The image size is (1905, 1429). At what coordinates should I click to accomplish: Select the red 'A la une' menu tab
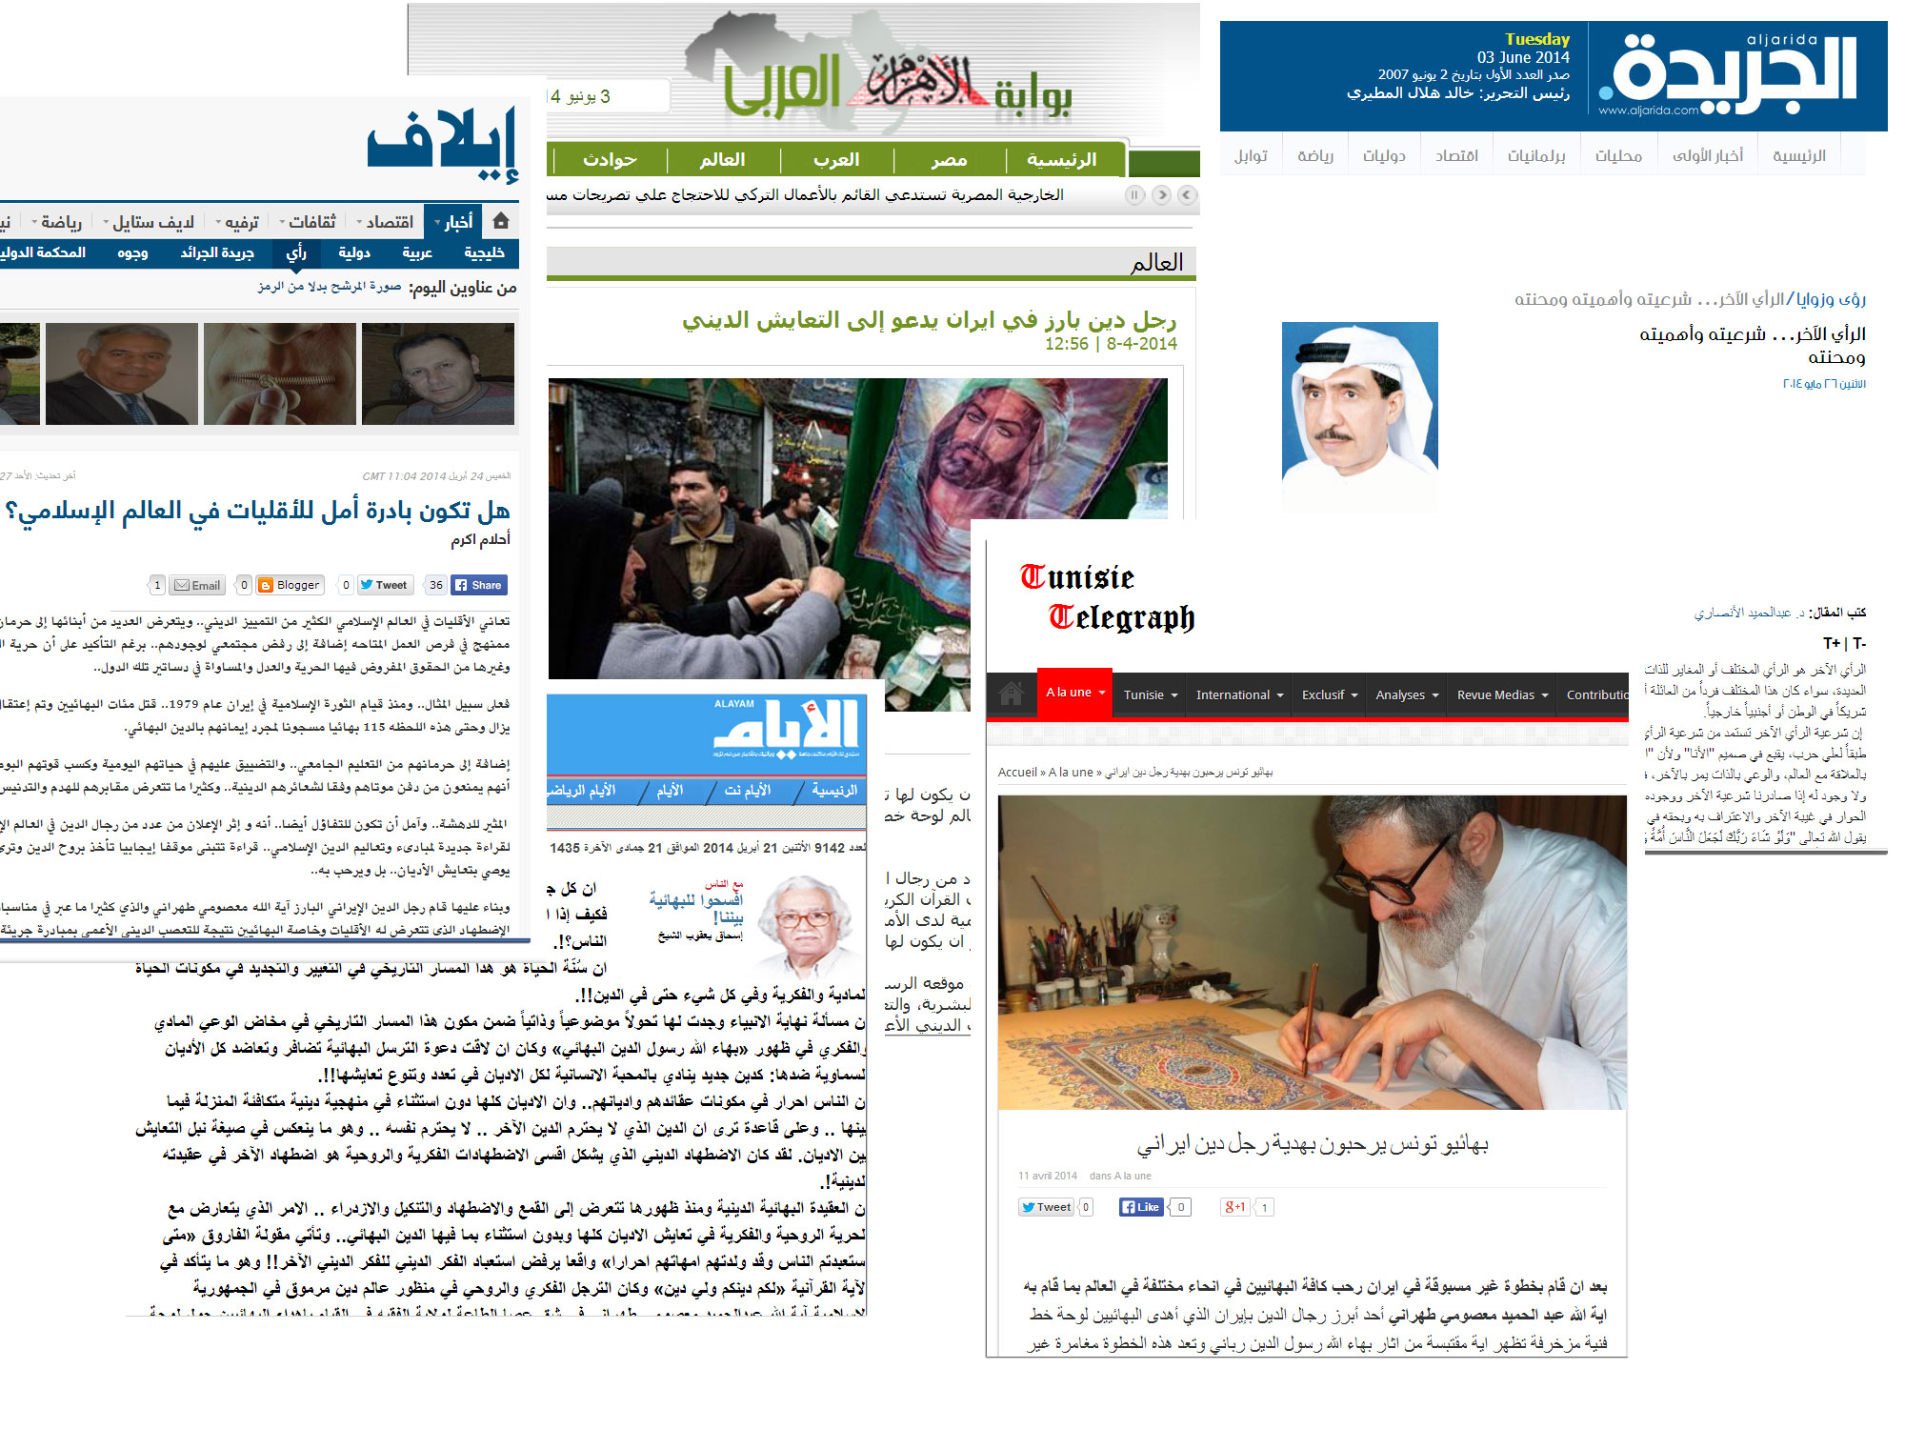point(1073,693)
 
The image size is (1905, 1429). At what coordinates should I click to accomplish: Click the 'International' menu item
point(1238,695)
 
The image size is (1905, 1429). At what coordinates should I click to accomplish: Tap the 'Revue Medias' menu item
point(1501,695)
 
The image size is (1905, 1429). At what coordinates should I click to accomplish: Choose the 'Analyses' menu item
point(1406,695)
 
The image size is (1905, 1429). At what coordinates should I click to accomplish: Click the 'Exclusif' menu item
point(1329,695)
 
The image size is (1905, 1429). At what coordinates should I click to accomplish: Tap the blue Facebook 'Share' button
point(478,585)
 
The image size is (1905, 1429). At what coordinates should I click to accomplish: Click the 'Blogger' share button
point(291,585)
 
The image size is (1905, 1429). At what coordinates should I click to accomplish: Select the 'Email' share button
point(197,585)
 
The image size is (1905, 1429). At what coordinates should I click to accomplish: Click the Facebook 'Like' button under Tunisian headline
point(1141,1207)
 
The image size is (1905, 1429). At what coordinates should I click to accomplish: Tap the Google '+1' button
point(1234,1207)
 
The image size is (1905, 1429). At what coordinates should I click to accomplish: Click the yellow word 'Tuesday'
point(1536,39)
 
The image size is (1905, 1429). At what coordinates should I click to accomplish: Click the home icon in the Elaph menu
point(501,221)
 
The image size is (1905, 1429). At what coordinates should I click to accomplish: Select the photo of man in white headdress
point(1359,405)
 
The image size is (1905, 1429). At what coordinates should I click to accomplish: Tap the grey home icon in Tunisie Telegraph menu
point(1012,694)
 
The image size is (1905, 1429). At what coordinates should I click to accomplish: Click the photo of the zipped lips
point(279,373)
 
